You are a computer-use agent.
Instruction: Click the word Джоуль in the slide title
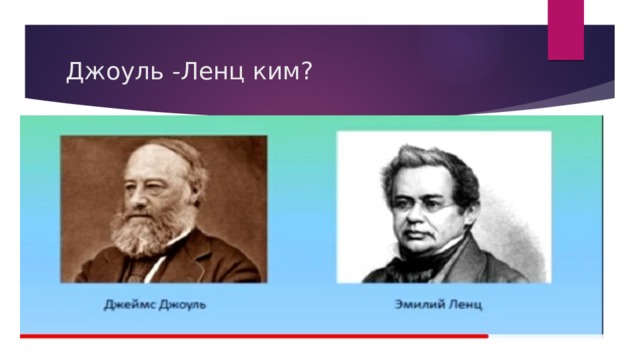pyautogui.click(x=114, y=72)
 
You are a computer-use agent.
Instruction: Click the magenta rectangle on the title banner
pyautogui.click(x=566, y=30)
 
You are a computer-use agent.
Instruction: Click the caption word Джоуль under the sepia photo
pyautogui.click(x=182, y=305)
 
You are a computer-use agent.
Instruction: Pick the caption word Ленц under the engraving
pyautogui.click(x=465, y=305)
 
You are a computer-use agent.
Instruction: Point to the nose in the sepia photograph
pyautogui.click(x=136, y=196)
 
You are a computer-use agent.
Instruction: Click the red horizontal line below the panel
pyautogui.click(x=254, y=336)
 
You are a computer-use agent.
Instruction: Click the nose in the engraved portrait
pyautogui.click(x=414, y=216)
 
